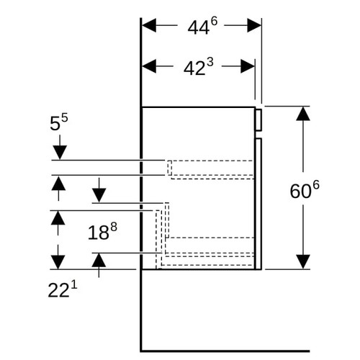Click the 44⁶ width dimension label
click(202, 26)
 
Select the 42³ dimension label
click(198, 67)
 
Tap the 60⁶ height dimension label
click(305, 189)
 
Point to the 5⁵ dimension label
click(59, 122)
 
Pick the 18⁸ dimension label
click(102, 231)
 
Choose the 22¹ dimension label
click(63, 289)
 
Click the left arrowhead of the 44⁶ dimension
click(149, 25)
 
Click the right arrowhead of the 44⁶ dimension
click(254, 25)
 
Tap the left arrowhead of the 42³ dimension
click(149, 66)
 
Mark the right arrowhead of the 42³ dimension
click(248, 66)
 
